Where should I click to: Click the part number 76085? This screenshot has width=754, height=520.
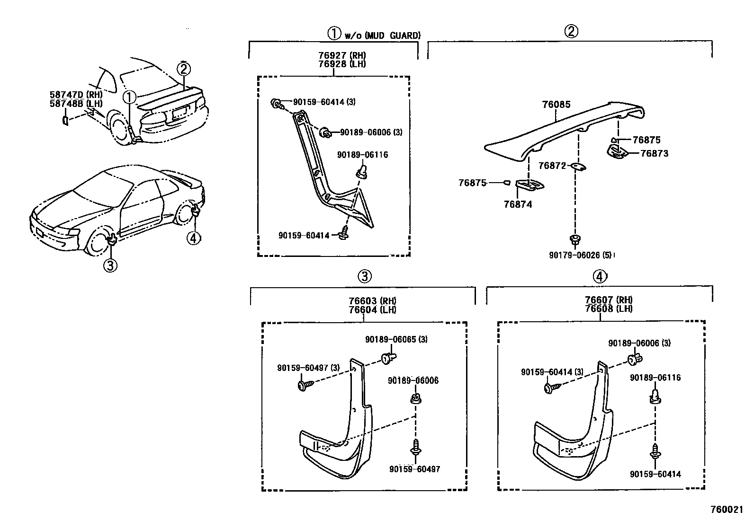point(557,105)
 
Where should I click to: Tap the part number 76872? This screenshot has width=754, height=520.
point(552,166)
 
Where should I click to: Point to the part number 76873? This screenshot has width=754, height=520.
point(654,153)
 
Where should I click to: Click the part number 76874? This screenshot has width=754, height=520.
point(518,204)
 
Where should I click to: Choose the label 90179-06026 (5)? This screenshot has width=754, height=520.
point(581,255)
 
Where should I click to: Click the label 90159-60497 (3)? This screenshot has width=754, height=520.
point(308,368)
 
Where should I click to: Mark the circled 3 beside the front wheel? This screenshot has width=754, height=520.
point(110,266)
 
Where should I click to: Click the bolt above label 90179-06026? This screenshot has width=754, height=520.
point(575,240)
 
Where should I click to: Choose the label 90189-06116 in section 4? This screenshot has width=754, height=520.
point(655,378)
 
